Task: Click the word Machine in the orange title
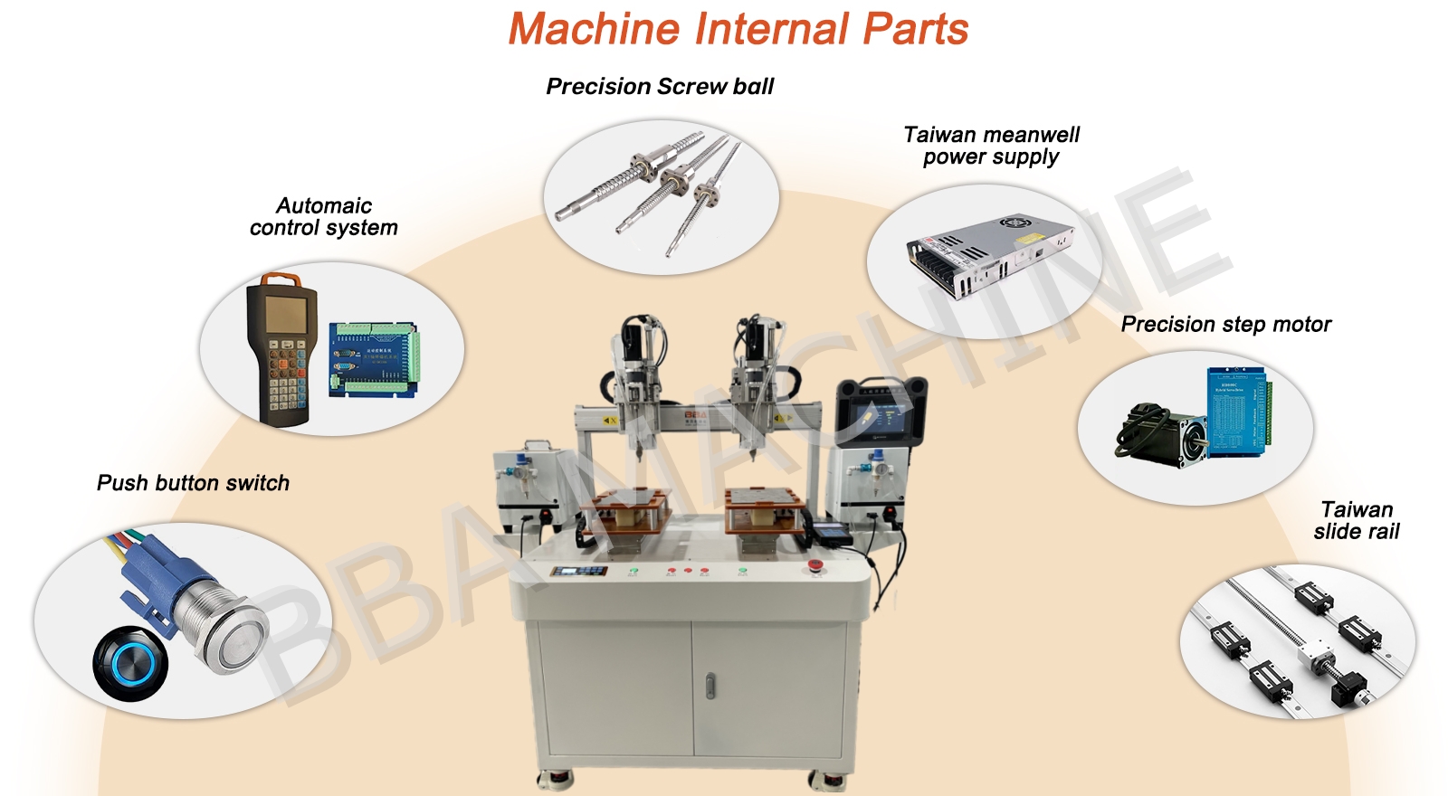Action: click(x=594, y=29)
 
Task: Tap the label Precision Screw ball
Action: click(x=660, y=87)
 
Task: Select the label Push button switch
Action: click(x=193, y=483)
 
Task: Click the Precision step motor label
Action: click(x=1225, y=325)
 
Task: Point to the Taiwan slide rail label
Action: click(x=1357, y=520)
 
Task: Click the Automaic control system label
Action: click(x=323, y=216)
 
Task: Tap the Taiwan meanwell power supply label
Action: click(x=991, y=146)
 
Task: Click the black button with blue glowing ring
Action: click(x=130, y=664)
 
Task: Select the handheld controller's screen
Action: click(x=285, y=315)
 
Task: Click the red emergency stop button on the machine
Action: click(x=815, y=566)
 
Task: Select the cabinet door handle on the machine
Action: click(x=710, y=686)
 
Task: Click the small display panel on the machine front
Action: click(x=578, y=571)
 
